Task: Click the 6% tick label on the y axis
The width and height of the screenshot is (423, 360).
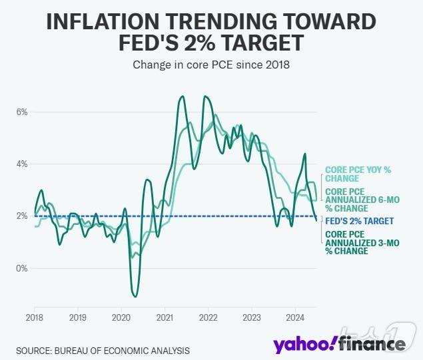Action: (22, 112)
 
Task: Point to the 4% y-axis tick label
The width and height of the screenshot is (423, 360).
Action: (22, 164)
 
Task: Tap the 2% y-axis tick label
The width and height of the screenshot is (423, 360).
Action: (22, 216)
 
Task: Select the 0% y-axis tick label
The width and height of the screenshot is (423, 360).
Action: (22, 268)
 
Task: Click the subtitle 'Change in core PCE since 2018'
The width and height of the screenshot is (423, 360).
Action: (211, 65)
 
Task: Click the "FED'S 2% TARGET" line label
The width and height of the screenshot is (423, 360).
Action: (359, 221)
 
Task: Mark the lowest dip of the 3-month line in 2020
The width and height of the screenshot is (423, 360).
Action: (135, 296)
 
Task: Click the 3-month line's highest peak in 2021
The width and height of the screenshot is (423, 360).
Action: (182, 97)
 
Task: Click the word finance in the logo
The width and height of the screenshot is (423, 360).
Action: (371, 343)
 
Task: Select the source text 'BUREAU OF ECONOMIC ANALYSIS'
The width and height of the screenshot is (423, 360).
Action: (123, 350)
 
